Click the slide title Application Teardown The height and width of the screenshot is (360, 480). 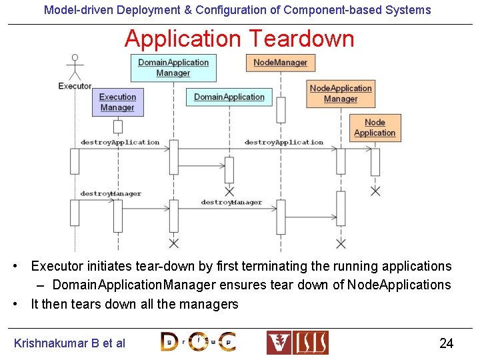click(239, 39)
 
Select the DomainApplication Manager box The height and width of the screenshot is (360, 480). click(173, 67)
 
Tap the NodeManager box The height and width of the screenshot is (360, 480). click(280, 63)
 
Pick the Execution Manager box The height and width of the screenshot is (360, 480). click(117, 102)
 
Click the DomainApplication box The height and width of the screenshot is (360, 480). click(229, 97)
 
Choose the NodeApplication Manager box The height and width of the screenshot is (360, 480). click(341, 93)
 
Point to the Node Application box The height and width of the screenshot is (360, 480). click(375, 127)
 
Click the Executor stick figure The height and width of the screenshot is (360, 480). click(75, 67)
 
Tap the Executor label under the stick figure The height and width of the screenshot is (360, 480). click(75, 86)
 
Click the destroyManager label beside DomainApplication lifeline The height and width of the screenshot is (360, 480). click(231, 202)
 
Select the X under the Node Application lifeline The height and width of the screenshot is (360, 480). click(375, 191)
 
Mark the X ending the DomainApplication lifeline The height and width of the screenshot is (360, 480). click(229, 191)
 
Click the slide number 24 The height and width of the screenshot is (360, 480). click(446, 343)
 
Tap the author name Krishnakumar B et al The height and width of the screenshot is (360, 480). click(69, 343)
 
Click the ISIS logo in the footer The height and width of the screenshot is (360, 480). click(297, 343)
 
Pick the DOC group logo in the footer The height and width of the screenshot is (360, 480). click(198, 342)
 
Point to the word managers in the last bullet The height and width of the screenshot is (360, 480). click(211, 304)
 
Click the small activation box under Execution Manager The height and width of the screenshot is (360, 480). click(118, 127)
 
